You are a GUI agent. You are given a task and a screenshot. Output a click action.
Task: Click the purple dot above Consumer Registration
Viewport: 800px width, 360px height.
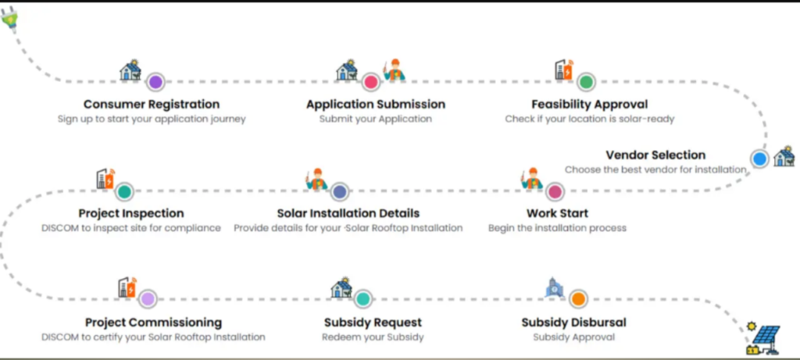[155, 81]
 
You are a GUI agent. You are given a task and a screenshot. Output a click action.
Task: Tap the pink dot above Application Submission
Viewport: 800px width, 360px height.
[371, 81]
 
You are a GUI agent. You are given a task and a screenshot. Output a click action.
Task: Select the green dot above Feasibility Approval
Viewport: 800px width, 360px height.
[586, 81]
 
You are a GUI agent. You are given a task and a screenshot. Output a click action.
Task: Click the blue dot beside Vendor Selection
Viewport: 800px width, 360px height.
[759, 159]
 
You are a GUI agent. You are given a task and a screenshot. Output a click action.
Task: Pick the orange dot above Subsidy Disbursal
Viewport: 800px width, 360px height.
[577, 298]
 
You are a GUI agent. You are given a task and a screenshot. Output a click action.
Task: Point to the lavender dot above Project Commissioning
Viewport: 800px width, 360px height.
[148, 298]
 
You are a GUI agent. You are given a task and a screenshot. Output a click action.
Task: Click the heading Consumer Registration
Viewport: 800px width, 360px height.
[152, 104]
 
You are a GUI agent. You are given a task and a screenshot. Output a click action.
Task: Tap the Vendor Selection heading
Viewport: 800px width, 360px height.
[655, 155]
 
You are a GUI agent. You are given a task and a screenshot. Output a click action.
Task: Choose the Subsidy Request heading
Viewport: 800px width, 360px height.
[373, 322]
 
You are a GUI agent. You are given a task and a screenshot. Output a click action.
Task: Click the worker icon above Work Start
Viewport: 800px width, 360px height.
[532, 179]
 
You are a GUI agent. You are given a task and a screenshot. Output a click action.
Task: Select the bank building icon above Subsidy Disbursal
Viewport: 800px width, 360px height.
[554, 288]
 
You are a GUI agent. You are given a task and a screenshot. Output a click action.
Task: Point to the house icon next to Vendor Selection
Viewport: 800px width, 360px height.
[783, 157]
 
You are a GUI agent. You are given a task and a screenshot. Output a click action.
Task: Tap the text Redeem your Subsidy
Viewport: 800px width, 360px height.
[372, 337]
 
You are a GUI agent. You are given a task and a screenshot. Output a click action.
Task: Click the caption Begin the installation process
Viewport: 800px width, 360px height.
[557, 228]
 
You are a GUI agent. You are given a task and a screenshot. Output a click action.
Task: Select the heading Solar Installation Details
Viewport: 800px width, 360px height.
[348, 213]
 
